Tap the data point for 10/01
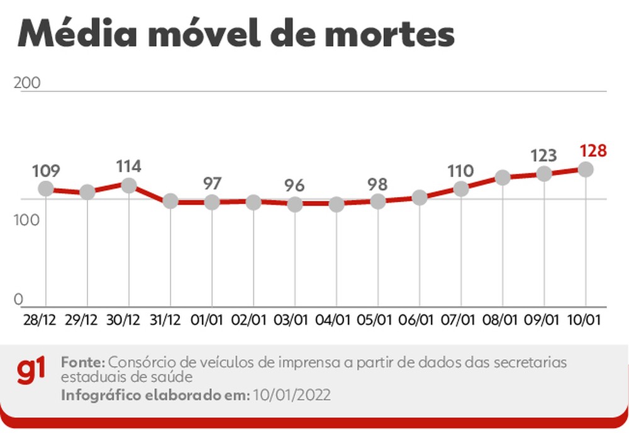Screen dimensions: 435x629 (x=586, y=169)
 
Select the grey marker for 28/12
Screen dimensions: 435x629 (x=46, y=188)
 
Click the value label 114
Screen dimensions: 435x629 (x=129, y=167)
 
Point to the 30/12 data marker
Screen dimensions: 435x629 (x=129, y=186)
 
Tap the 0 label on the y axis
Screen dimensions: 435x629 (x=18, y=299)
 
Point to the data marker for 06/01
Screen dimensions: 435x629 (x=420, y=198)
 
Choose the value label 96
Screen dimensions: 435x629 (x=294, y=186)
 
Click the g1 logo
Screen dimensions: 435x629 (x=31, y=371)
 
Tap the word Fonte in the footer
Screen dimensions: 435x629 (x=83, y=363)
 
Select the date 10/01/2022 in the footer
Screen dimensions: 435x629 (x=292, y=395)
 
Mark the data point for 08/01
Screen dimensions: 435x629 (x=503, y=178)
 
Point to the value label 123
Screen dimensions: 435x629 (x=544, y=155)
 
